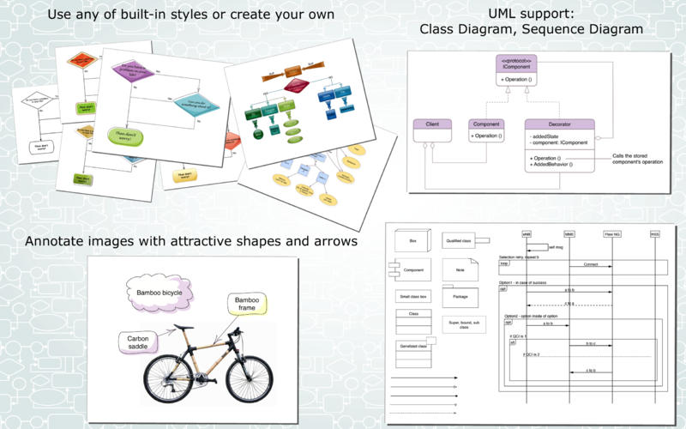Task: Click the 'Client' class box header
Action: click(x=432, y=124)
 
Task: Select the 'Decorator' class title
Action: click(x=558, y=124)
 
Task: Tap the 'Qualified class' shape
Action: click(x=460, y=241)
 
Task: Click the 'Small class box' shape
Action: click(x=412, y=297)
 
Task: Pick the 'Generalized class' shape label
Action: click(x=412, y=345)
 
